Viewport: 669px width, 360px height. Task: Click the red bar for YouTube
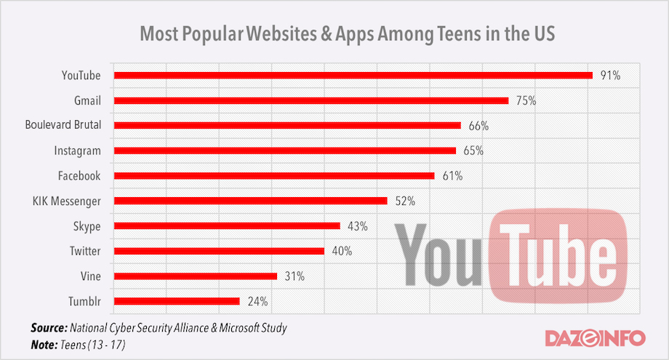click(353, 75)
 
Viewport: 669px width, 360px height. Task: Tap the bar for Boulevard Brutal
click(288, 125)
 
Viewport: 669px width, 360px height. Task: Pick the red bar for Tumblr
click(177, 301)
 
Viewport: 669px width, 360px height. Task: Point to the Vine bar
click(196, 276)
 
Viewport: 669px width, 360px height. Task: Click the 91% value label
click(610, 76)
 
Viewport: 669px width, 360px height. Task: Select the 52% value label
click(404, 201)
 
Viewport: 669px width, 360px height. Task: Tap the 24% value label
click(257, 301)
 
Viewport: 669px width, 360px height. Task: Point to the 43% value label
click(357, 226)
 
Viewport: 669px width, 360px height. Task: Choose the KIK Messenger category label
click(68, 201)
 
